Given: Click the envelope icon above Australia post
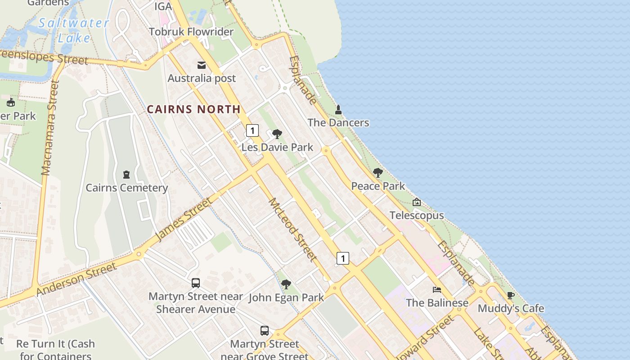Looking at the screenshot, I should [x=202, y=66].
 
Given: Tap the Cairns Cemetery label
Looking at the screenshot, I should [x=127, y=188].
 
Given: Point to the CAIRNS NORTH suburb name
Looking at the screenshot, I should [x=193, y=109].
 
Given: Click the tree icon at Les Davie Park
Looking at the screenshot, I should [x=277, y=134].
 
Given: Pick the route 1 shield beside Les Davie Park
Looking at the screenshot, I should [x=252, y=131].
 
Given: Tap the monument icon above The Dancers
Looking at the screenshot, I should [x=338, y=109].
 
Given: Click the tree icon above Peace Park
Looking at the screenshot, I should [x=378, y=173].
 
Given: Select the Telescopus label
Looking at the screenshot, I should [x=417, y=216].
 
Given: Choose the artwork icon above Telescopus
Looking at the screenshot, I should [x=417, y=202].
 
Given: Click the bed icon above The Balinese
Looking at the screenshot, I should [x=437, y=290].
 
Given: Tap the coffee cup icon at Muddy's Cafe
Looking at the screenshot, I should [x=510, y=296].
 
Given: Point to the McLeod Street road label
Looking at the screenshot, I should [x=292, y=229].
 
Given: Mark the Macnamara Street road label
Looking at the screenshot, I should [x=50, y=128].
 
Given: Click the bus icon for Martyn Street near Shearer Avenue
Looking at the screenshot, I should [x=196, y=283].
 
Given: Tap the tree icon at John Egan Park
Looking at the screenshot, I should [x=286, y=284].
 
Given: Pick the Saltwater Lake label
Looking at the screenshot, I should [x=73, y=30].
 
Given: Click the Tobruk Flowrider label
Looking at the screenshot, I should [x=191, y=32].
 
